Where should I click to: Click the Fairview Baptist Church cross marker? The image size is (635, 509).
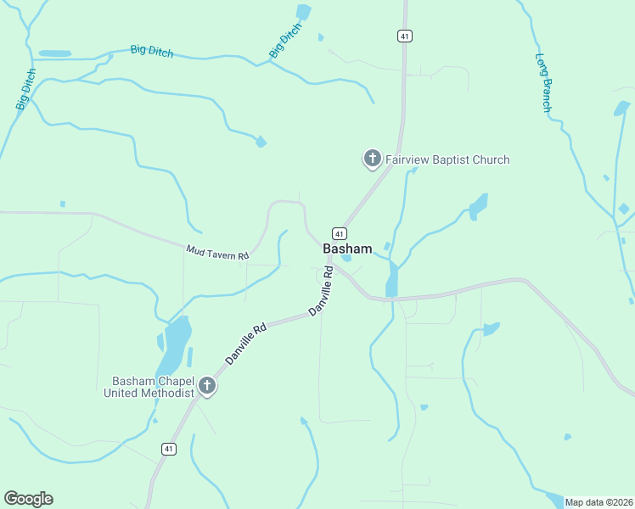372,158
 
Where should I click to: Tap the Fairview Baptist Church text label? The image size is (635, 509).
447,159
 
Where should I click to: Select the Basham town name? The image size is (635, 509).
347,249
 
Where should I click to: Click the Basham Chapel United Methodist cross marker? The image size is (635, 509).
206,387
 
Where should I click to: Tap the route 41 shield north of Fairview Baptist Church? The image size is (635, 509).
405,36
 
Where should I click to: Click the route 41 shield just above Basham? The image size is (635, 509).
339,233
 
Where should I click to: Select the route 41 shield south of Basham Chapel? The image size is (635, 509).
169,449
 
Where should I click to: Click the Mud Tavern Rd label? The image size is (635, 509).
217,252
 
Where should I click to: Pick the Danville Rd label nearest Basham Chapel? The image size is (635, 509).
246,343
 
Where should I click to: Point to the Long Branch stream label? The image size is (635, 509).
543,83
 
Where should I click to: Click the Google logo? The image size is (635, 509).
28,499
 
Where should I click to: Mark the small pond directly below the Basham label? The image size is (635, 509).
346,258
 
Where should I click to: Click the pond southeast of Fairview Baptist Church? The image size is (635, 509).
478,206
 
